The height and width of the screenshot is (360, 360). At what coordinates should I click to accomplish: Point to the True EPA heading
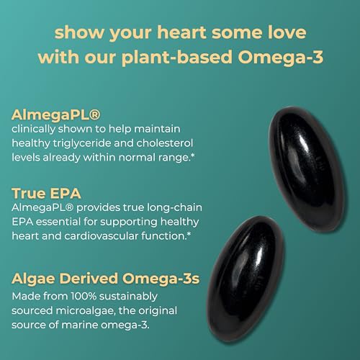pos(45,193)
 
